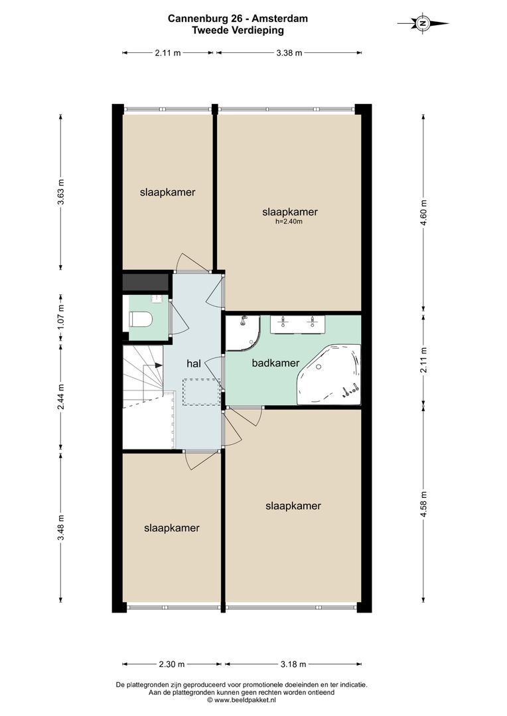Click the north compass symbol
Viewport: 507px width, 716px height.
(423, 23)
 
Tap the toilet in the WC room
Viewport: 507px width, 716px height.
(140, 319)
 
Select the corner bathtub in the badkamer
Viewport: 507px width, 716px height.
(328, 375)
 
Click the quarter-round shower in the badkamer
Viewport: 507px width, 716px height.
(243, 333)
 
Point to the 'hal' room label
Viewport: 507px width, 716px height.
(194, 364)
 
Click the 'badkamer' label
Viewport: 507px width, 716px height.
(275, 363)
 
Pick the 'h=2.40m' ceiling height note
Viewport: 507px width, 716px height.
(289, 222)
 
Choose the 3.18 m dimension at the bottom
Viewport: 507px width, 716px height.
(293, 664)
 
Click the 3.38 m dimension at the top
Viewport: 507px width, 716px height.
(289, 52)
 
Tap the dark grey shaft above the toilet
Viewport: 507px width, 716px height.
(146, 282)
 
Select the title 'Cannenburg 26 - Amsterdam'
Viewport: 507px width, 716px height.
(238, 19)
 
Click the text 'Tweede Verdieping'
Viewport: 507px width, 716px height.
(238, 30)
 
